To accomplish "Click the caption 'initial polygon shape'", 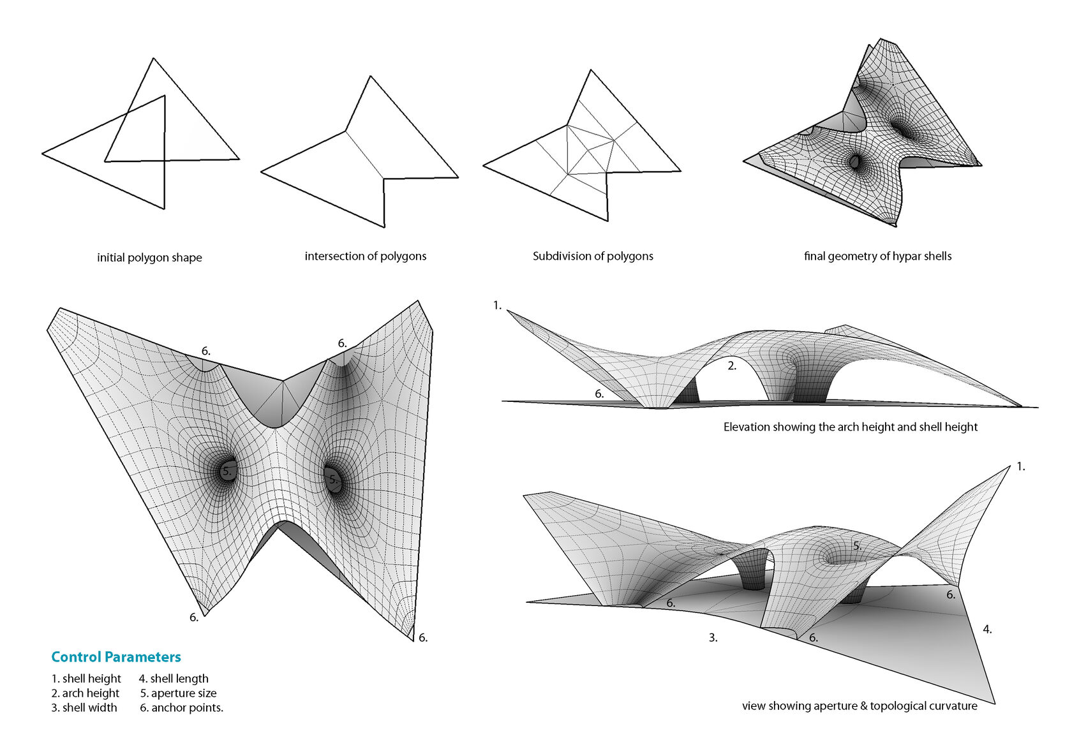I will click(149, 258).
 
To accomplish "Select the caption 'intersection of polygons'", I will click(365, 256).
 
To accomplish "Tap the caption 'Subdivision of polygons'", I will click(593, 256).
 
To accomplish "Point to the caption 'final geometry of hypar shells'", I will click(877, 256).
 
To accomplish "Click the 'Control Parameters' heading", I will click(116, 657).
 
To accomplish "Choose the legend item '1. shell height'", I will click(86, 679).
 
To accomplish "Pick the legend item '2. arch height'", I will click(86, 693).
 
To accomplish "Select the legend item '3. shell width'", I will click(84, 708).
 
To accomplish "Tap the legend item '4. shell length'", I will click(174, 679).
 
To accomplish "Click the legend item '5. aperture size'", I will click(178, 693).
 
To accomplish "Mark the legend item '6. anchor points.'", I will click(181, 708).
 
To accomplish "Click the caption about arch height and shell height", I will click(850, 427).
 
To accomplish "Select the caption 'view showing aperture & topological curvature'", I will click(860, 706).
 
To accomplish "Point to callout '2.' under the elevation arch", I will click(732, 366).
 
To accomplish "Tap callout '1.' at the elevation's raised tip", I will click(498, 306).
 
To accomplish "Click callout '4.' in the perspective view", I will click(987, 630).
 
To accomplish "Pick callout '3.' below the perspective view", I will click(713, 638).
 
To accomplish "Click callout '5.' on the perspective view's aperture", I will click(857, 546).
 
